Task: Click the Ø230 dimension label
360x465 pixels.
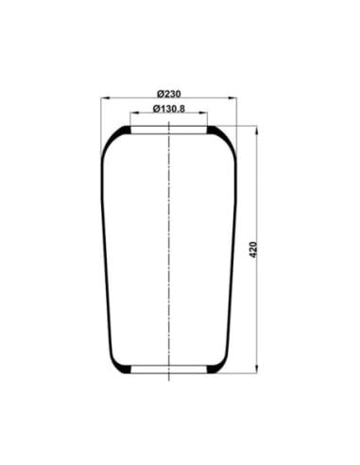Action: pyautogui.click(x=169, y=94)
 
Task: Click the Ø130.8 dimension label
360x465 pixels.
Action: pyautogui.click(x=169, y=109)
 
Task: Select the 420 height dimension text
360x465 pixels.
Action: pyautogui.click(x=253, y=250)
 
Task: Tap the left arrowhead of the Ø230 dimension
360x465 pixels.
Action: pyautogui.click(x=105, y=98)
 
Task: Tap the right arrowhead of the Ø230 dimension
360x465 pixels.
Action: pyautogui.click(x=232, y=98)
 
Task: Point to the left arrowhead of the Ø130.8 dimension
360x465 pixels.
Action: pyautogui.click(x=134, y=112)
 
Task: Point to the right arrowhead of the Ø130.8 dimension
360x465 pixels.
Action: pyautogui.click(x=203, y=112)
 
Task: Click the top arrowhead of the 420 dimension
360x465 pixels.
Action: pyautogui.click(x=257, y=129)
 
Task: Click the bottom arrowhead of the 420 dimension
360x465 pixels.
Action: pyautogui.click(x=257, y=370)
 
